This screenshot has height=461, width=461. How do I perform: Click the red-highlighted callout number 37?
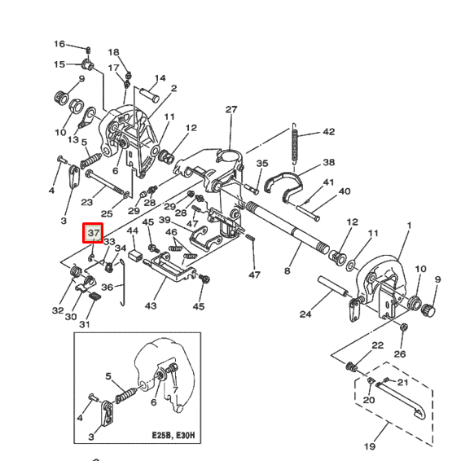[93, 234]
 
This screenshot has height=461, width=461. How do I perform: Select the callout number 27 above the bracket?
[230, 109]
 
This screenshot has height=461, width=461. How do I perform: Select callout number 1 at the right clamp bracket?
[409, 225]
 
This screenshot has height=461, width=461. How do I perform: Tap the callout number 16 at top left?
[59, 43]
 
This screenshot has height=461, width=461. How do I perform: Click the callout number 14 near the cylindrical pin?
[160, 78]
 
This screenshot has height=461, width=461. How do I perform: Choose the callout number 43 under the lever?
[151, 305]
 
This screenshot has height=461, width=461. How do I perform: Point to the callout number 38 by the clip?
[328, 162]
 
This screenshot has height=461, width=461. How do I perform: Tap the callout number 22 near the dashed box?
[377, 346]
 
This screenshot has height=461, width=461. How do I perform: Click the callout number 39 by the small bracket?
[165, 220]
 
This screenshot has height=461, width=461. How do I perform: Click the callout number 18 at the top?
[113, 52]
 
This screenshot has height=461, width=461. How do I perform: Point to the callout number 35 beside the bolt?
[262, 164]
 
